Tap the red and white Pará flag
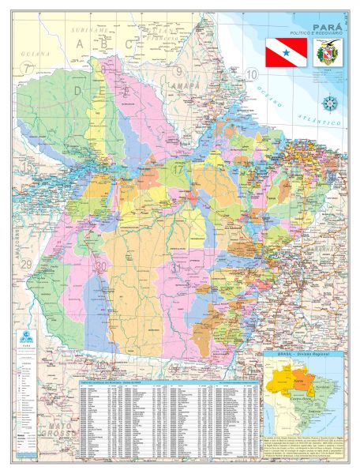(x=284, y=53)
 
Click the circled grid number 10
(x=253, y=75)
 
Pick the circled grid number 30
(x=101, y=267)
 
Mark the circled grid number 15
(x=27, y=167)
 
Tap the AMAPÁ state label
(x=182, y=81)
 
